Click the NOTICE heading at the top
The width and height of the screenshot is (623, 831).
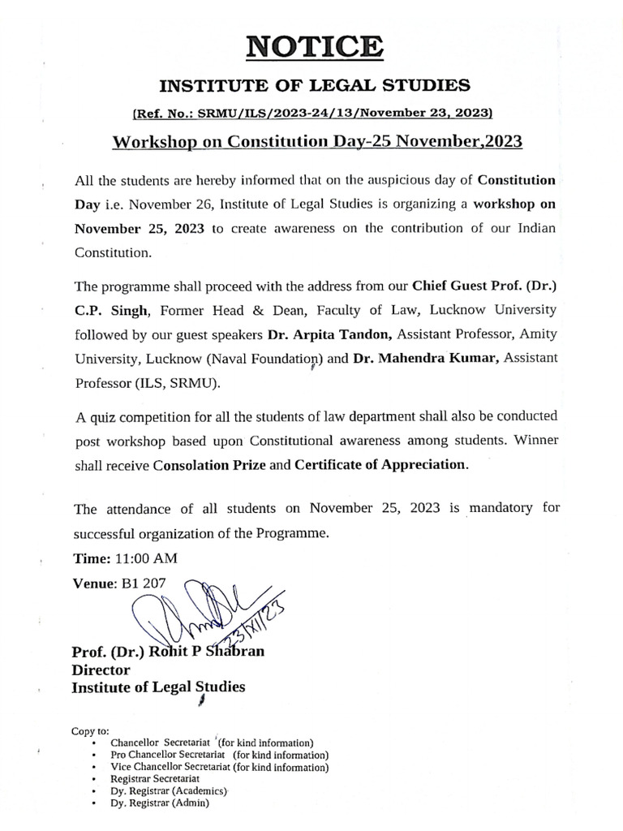311,45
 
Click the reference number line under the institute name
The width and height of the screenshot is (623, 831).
311,112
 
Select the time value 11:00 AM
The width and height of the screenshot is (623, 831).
145,559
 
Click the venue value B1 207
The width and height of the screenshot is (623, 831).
140,582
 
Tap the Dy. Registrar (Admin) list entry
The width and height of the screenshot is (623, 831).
160,803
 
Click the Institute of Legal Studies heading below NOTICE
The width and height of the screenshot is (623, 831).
311,84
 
